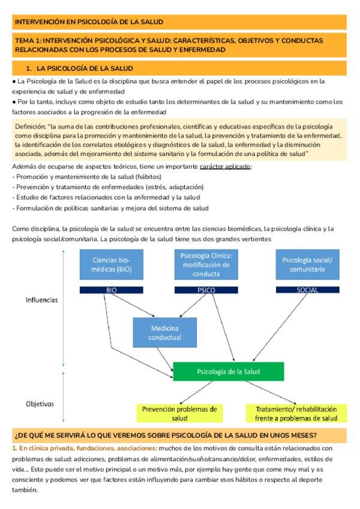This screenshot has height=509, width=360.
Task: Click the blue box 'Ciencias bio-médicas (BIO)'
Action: tap(110, 265)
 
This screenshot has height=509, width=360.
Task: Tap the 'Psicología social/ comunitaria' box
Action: tap(302, 265)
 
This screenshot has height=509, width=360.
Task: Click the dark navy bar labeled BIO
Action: tap(110, 290)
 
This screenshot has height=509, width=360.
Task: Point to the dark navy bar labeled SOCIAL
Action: tap(302, 290)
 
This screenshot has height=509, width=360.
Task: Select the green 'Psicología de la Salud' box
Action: tap(227, 372)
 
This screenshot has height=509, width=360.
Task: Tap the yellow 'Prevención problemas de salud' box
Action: tap(179, 413)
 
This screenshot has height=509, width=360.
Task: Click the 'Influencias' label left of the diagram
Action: tap(41, 298)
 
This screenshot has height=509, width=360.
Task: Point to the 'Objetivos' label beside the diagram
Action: tap(40, 404)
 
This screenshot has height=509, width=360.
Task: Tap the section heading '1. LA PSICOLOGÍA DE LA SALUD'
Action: tap(83, 68)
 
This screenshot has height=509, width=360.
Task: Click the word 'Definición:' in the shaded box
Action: tap(31, 127)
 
